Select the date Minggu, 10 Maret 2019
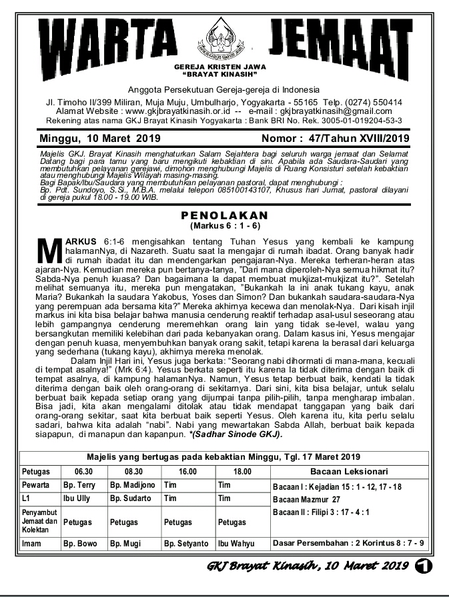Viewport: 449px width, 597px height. point(95,139)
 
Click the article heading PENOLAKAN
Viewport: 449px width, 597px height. point(224,215)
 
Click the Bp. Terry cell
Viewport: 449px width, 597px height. point(79,486)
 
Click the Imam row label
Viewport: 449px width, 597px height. point(31,544)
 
